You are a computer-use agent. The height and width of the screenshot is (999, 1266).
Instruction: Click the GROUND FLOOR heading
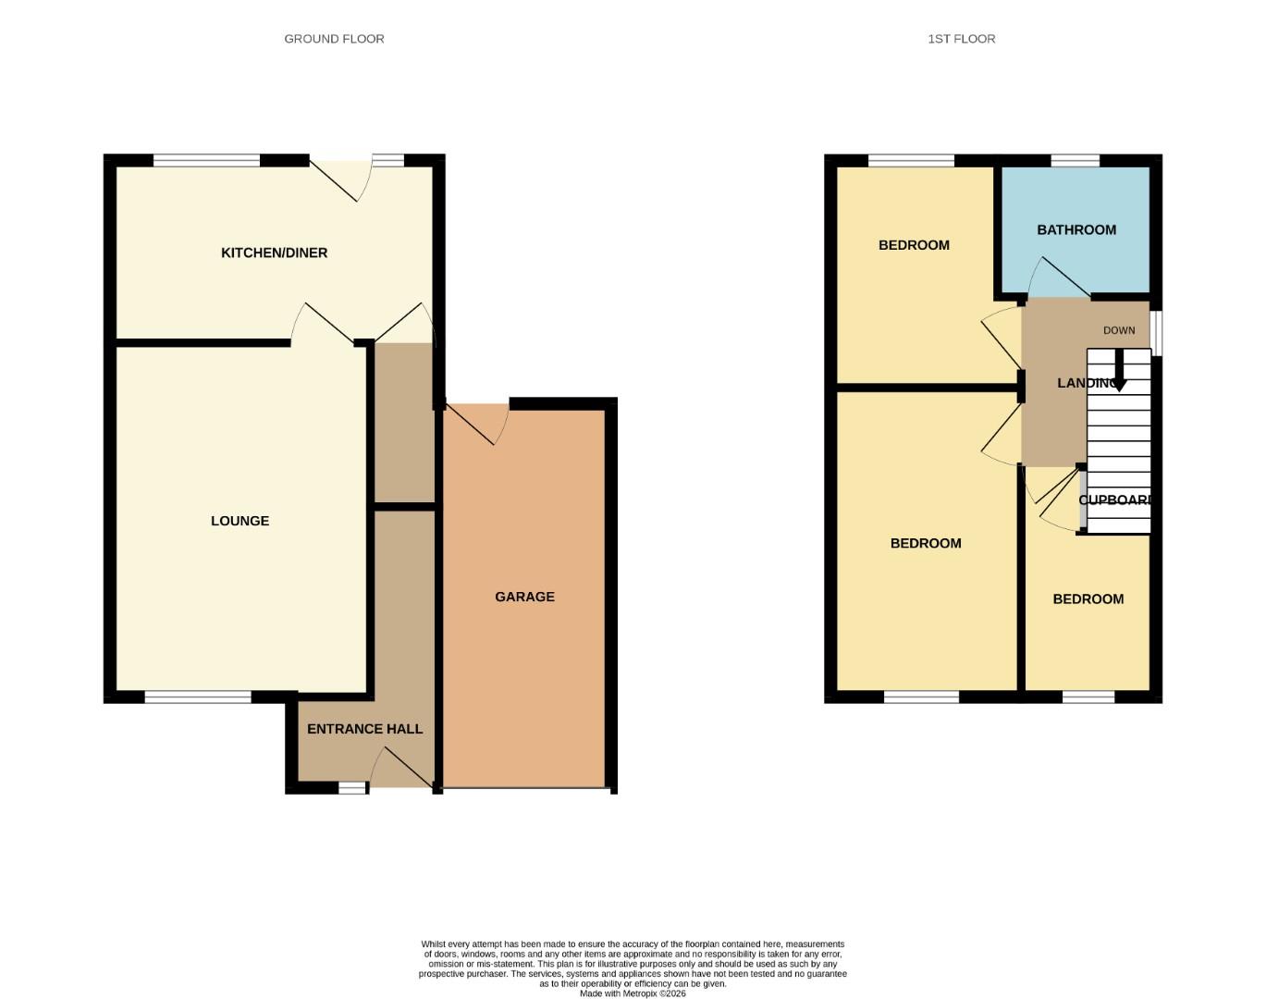click(334, 39)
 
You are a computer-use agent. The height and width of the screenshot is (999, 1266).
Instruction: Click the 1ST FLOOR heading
click(961, 39)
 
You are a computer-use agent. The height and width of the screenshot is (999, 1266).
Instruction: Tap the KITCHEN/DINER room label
click(274, 253)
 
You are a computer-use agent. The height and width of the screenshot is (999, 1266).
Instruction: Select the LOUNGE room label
click(240, 521)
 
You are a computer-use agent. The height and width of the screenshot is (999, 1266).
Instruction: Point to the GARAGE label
click(524, 597)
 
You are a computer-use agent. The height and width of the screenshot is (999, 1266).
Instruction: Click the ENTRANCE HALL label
click(364, 729)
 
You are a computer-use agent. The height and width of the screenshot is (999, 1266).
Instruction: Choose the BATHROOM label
click(1075, 229)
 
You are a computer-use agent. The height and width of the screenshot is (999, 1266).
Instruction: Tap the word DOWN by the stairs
click(1118, 330)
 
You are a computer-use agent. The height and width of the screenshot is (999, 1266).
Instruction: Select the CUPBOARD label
click(1115, 499)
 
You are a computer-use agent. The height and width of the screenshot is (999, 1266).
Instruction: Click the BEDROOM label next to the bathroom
click(914, 245)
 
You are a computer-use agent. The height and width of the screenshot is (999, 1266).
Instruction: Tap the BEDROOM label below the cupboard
click(1088, 599)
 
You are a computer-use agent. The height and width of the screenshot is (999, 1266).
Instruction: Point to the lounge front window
click(198, 697)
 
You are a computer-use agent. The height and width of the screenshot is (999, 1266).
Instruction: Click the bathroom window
click(1075, 161)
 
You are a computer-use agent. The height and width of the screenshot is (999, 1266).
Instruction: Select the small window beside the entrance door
click(351, 788)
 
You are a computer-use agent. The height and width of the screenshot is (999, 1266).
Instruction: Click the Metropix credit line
click(633, 993)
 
